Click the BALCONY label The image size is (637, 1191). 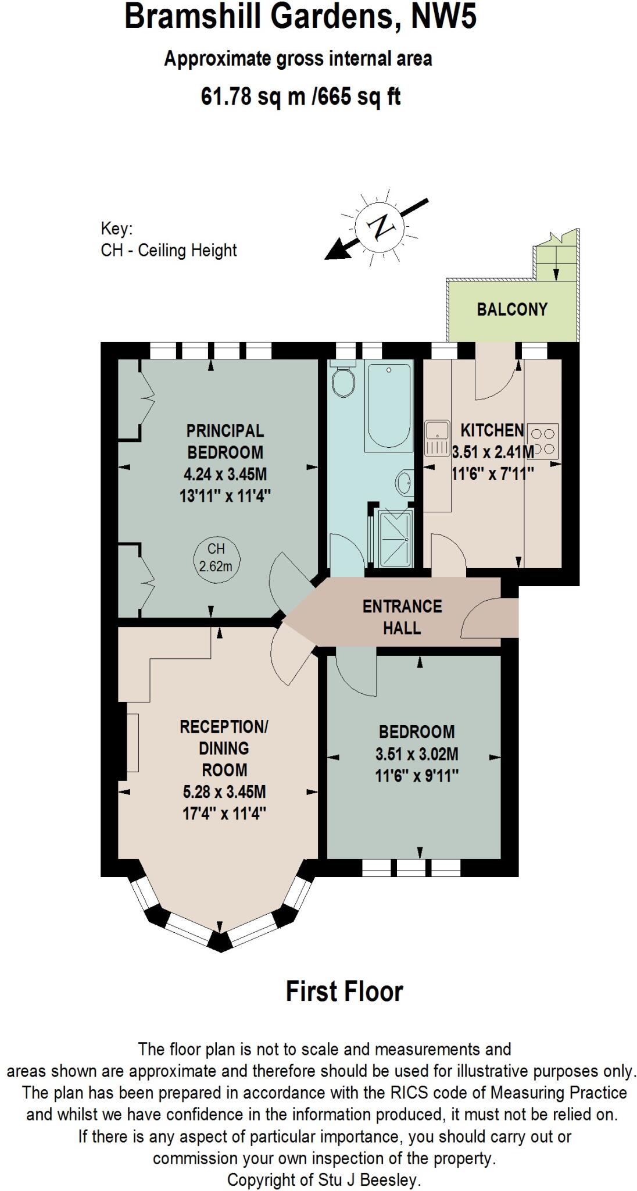pyautogui.click(x=512, y=309)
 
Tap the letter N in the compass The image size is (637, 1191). pyautogui.click(x=382, y=227)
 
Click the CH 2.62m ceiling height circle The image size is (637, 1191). pyautogui.click(x=216, y=558)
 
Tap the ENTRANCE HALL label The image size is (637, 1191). pyautogui.click(x=402, y=617)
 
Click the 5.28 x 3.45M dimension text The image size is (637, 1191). pyautogui.click(x=224, y=792)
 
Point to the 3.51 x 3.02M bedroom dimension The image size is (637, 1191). pyautogui.click(x=417, y=754)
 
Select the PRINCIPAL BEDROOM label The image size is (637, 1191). pyautogui.click(x=225, y=441)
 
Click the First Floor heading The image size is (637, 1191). pyautogui.click(x=344, y=992)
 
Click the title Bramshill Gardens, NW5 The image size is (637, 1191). pyautogui.click(x=300, y=17)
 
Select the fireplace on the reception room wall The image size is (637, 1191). pyautogui.click(x=133, y=743)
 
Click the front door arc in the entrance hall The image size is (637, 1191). pyautogui.click(x=480, y=619)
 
